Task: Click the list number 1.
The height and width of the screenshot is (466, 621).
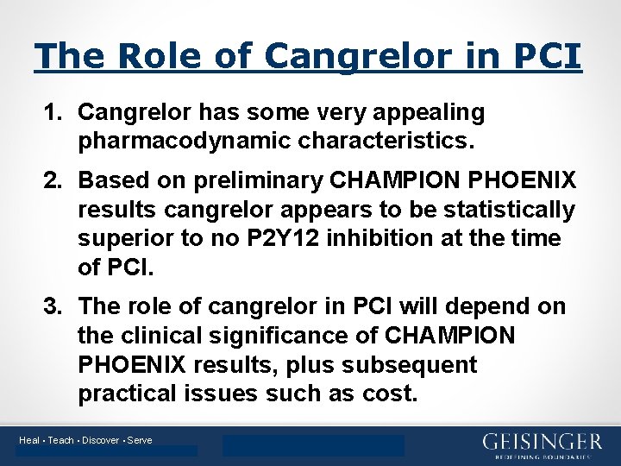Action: point(53,112)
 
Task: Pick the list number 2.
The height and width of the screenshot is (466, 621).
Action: point(53,180)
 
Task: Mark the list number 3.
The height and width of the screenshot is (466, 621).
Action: point(53,306)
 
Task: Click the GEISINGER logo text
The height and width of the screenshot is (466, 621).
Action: point(542,441)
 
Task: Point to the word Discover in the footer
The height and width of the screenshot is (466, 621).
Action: point(102,440)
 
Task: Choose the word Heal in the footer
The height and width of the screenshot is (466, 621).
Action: point(29,440)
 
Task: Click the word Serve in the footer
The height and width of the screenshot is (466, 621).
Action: point(140,440)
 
